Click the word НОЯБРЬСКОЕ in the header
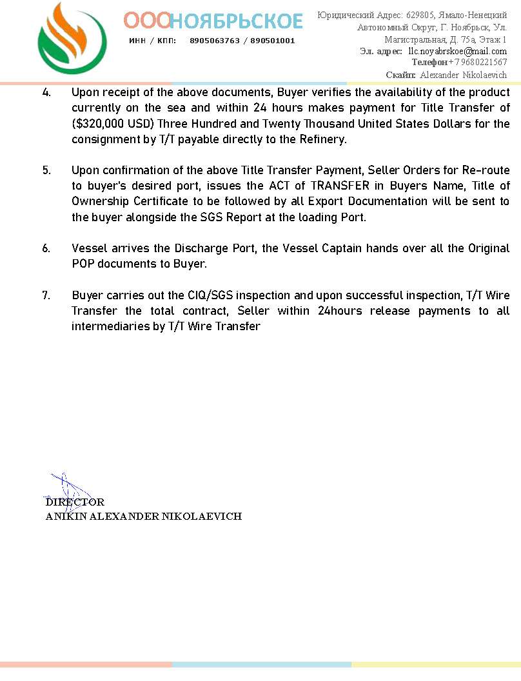point(237,21)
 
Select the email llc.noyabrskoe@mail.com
point(457,51)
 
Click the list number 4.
point(46,92)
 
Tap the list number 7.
point(46,296)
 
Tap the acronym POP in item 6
point(83,264)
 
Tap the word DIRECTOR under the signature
point(75,502)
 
